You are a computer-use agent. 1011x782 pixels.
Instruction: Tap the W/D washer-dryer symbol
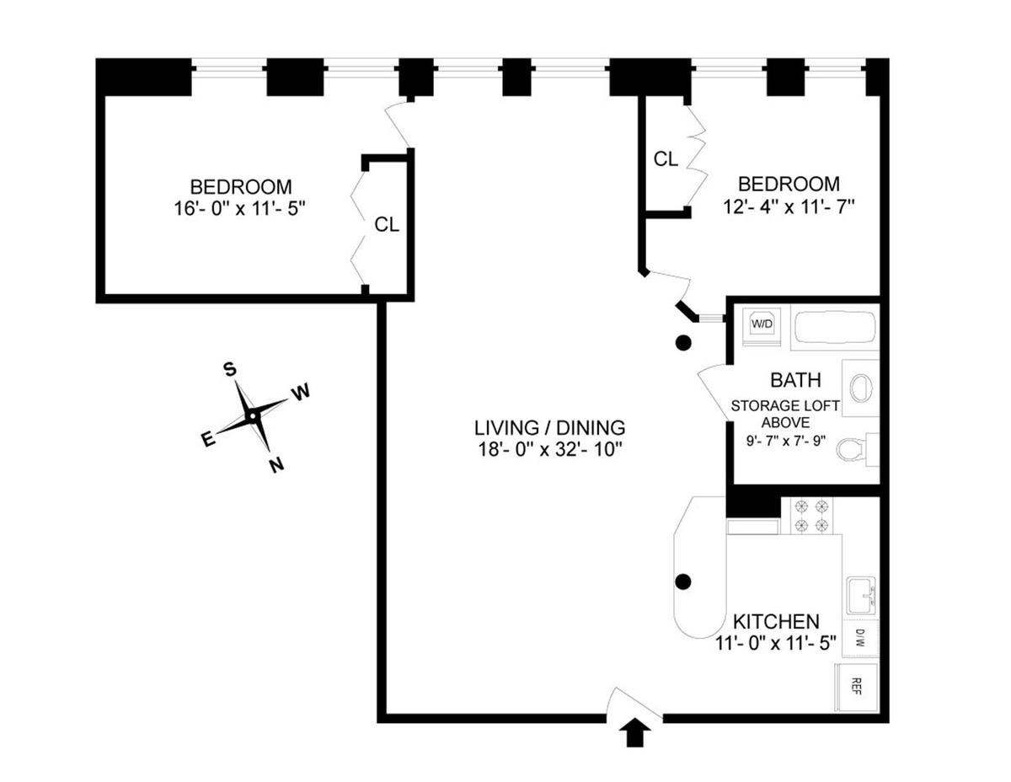(763, 323)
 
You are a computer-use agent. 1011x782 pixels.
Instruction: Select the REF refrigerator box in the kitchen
(857, 685)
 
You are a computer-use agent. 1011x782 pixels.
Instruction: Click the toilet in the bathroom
(853, 450)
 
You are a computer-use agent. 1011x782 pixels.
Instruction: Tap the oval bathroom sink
(861, 389)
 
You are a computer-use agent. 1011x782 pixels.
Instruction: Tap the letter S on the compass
(228, 368)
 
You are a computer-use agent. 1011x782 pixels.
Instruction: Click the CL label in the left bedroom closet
(387, 225)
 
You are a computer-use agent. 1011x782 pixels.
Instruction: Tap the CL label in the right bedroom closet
(666, 158)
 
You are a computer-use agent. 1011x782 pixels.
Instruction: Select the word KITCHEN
(776, 622)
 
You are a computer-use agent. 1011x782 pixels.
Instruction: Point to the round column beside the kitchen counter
(683, 581)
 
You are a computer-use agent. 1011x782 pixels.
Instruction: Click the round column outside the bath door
(683, 343)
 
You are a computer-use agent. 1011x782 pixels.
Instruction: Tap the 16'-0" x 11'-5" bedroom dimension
(240, 207)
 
